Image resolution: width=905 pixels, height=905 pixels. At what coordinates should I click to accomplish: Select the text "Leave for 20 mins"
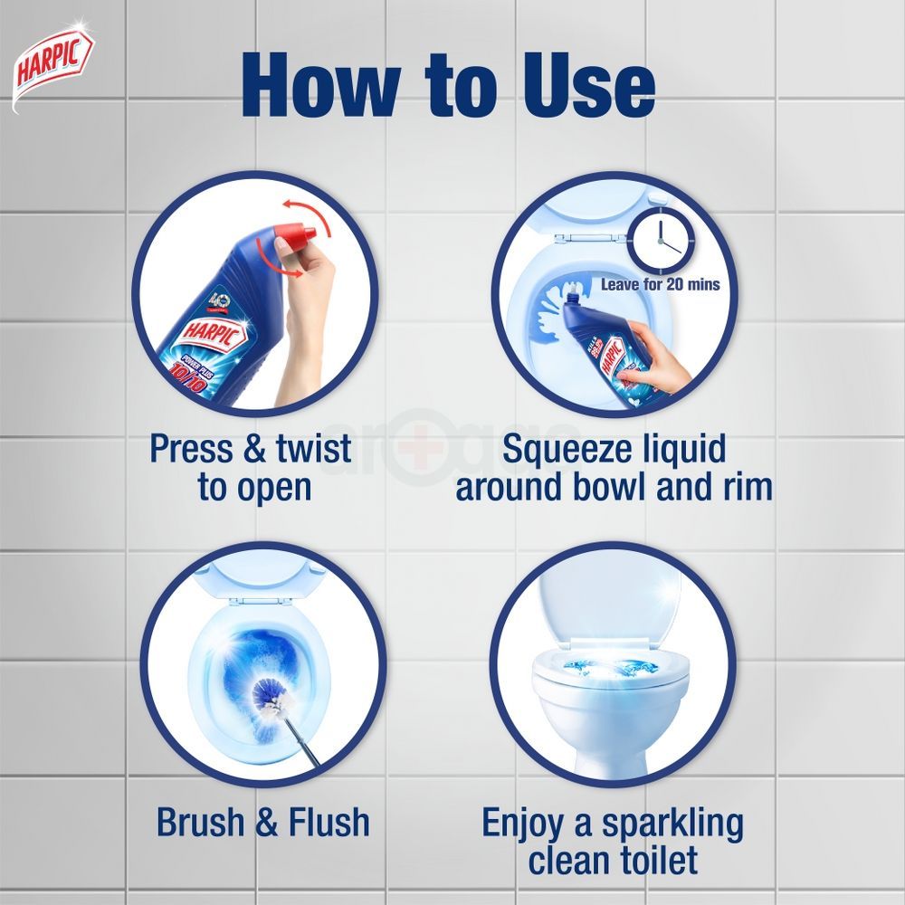click(x=661, y=285)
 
